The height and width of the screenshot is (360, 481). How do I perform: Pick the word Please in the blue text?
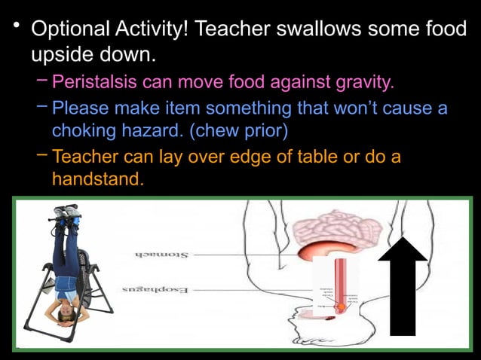80,108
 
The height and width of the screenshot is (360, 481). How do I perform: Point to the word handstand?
97,179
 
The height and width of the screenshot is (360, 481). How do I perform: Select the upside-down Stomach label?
163,255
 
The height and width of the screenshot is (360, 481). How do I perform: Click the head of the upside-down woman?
63,310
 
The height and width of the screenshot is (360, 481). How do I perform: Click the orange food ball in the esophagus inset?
341,307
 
